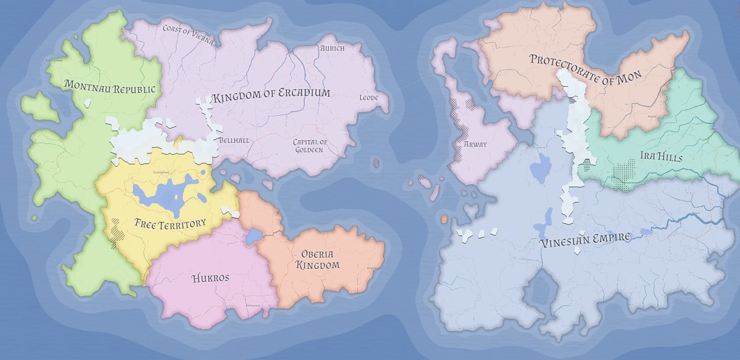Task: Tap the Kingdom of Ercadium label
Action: [271, 96]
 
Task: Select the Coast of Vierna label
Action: [188, 33]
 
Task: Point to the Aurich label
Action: [332, 47]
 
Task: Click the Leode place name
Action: [369, 98]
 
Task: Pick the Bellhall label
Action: [234, 141]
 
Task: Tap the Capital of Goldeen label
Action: [310, 145]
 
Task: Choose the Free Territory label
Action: [170, 223]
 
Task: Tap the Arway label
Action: [475, 145]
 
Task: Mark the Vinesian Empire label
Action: [585, 239]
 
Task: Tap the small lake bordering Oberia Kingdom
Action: [252, 236]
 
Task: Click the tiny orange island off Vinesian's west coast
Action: [443, 219]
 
